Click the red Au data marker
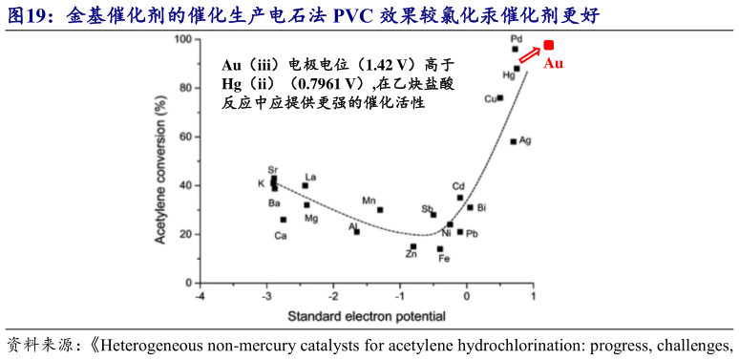(549, 45)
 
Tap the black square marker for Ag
(513, 141)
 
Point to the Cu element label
(490, 98)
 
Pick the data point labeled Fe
(440, 248)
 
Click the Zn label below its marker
(411, 255)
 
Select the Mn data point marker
(380, 210)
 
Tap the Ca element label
(280, 234)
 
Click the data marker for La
(306, 185)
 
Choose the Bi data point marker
(470, 207)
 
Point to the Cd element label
(458, 186)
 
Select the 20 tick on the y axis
(186, 234)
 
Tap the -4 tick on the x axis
(200, 295)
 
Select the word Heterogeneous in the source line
(154, 345)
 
